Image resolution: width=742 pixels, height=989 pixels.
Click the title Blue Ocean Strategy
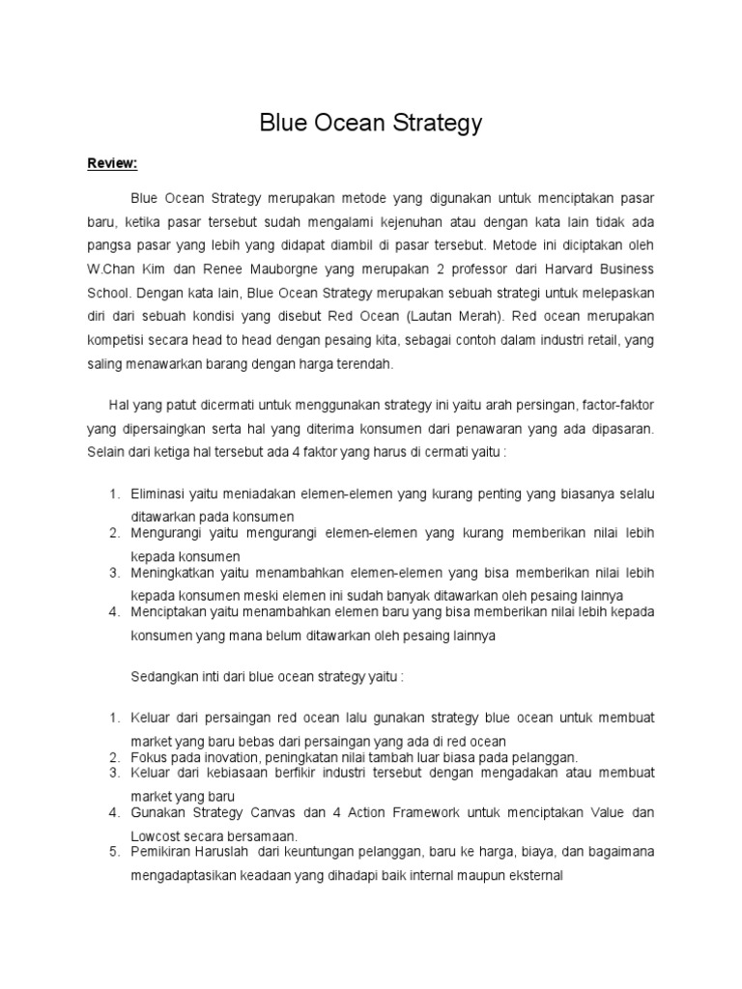pyautogui.click(x=371, y=124)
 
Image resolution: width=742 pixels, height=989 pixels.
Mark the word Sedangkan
pyautogui.click(x=164, y=677)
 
